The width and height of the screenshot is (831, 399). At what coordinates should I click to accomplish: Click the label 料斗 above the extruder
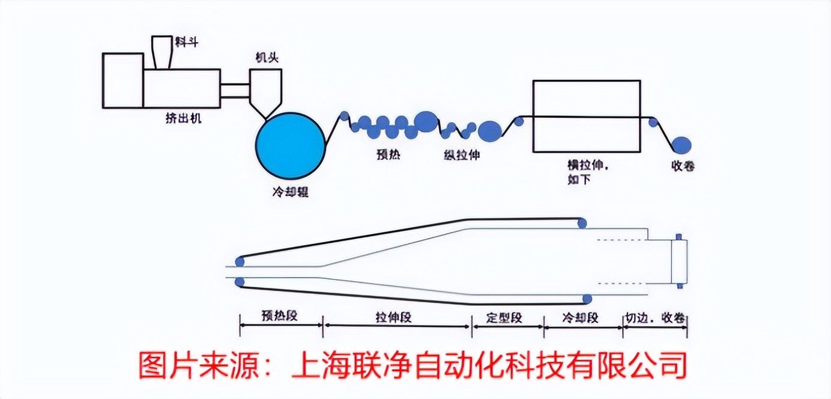click(x=187, y=43)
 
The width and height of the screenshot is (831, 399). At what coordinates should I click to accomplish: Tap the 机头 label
click(x=266, y=58)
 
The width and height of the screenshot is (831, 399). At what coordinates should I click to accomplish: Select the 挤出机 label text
click(x=183, y=118)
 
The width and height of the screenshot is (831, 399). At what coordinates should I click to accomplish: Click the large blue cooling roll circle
click(x=290, y=144)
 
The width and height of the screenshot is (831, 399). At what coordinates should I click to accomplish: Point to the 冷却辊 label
click(x=290, y=193)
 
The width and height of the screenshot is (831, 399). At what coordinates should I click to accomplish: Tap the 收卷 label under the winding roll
click(x=683, y=166)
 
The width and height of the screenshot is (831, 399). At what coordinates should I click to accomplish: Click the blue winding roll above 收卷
click(x=681, y=145)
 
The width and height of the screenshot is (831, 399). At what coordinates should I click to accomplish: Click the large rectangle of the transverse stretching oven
click(x=586, y=96)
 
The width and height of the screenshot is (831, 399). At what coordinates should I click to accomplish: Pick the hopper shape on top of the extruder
click(x=160, y=52)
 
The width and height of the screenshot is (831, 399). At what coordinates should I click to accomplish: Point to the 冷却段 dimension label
click(x=581, y=317)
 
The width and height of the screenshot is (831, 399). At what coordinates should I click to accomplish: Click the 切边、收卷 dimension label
click(x=655, y=317)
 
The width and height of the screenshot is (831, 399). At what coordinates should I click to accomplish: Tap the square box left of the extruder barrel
click(x=122, y=81)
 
